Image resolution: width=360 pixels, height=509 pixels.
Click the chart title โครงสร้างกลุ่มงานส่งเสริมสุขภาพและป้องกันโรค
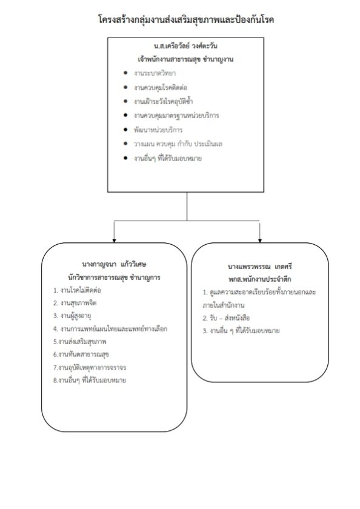pyautogui.click(x=186, y=19)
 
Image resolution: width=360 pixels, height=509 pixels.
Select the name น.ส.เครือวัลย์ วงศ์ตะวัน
pyautogui.click(x=185, y=46)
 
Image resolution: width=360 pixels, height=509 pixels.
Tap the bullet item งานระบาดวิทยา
pyautogui.click(x=155, y=73)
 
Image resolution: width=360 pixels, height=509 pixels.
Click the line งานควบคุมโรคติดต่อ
pyautogui.click(x=161, y=87)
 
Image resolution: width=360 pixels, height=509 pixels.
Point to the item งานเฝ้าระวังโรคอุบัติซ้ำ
pyautogui.click(x=163, y=101)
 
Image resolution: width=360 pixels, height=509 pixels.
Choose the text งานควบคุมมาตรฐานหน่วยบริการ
pyautogui.click(x=176, y=116)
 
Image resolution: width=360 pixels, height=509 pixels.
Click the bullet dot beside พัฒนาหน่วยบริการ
pyautogui.click(x=125, y=130)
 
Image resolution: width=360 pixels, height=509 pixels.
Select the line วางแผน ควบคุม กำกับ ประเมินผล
pyautogui.click(x=178, y=144)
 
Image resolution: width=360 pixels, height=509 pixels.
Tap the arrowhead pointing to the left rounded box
pyautogui.click(x=114, y=241)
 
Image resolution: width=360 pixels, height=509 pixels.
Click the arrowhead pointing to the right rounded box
pyautogui.click(x=259, y=241)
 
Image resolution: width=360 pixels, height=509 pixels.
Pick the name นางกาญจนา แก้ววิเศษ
pyautogui.click(x=115, y=264)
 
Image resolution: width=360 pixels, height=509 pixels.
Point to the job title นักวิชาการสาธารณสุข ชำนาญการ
pyautogui.click(x=114, y=278)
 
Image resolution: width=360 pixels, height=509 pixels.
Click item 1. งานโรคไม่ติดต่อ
pyautogui.click(x=77, y=290)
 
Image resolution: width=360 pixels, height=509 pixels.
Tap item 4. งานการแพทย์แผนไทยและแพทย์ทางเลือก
pyautogui.click(x=110, y=329)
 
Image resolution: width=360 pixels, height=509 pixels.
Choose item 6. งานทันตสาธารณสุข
pyautogui.click(x=81, y=354)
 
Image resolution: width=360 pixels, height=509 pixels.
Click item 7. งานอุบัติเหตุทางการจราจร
pyautogui.click(x=90, y=367)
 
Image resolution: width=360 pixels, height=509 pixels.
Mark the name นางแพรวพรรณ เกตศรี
pyautogui.click(x=259, y=267)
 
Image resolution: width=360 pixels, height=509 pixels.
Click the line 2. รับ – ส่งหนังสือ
pyautogui.click(x=226, y=318)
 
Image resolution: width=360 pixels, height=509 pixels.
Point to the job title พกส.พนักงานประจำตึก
pyautogui.click(x=259, y=279)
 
